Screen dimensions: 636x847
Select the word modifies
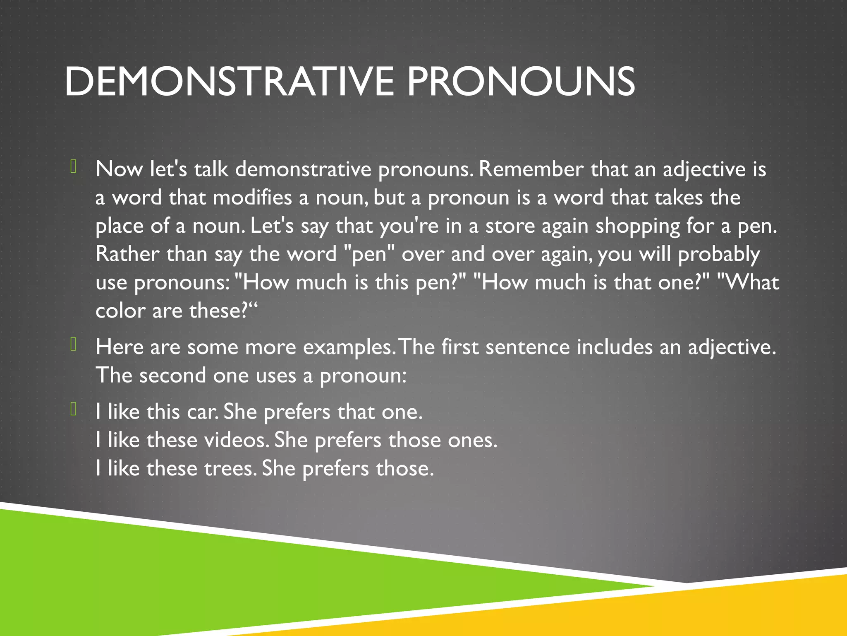[x=252, y=198]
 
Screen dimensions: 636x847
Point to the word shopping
[x=637, y=226]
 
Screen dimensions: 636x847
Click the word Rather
[x=127, y=254]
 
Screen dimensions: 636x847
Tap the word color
[x=120, y=311]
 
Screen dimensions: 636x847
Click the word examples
[x=349, y=347]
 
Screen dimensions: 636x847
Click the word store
[x=510, y=226]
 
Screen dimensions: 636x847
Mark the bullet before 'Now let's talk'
[x=74, y=166]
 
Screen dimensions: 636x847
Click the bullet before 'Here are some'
[x=74, y=344]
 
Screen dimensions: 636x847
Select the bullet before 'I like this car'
[x=74, y=409]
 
